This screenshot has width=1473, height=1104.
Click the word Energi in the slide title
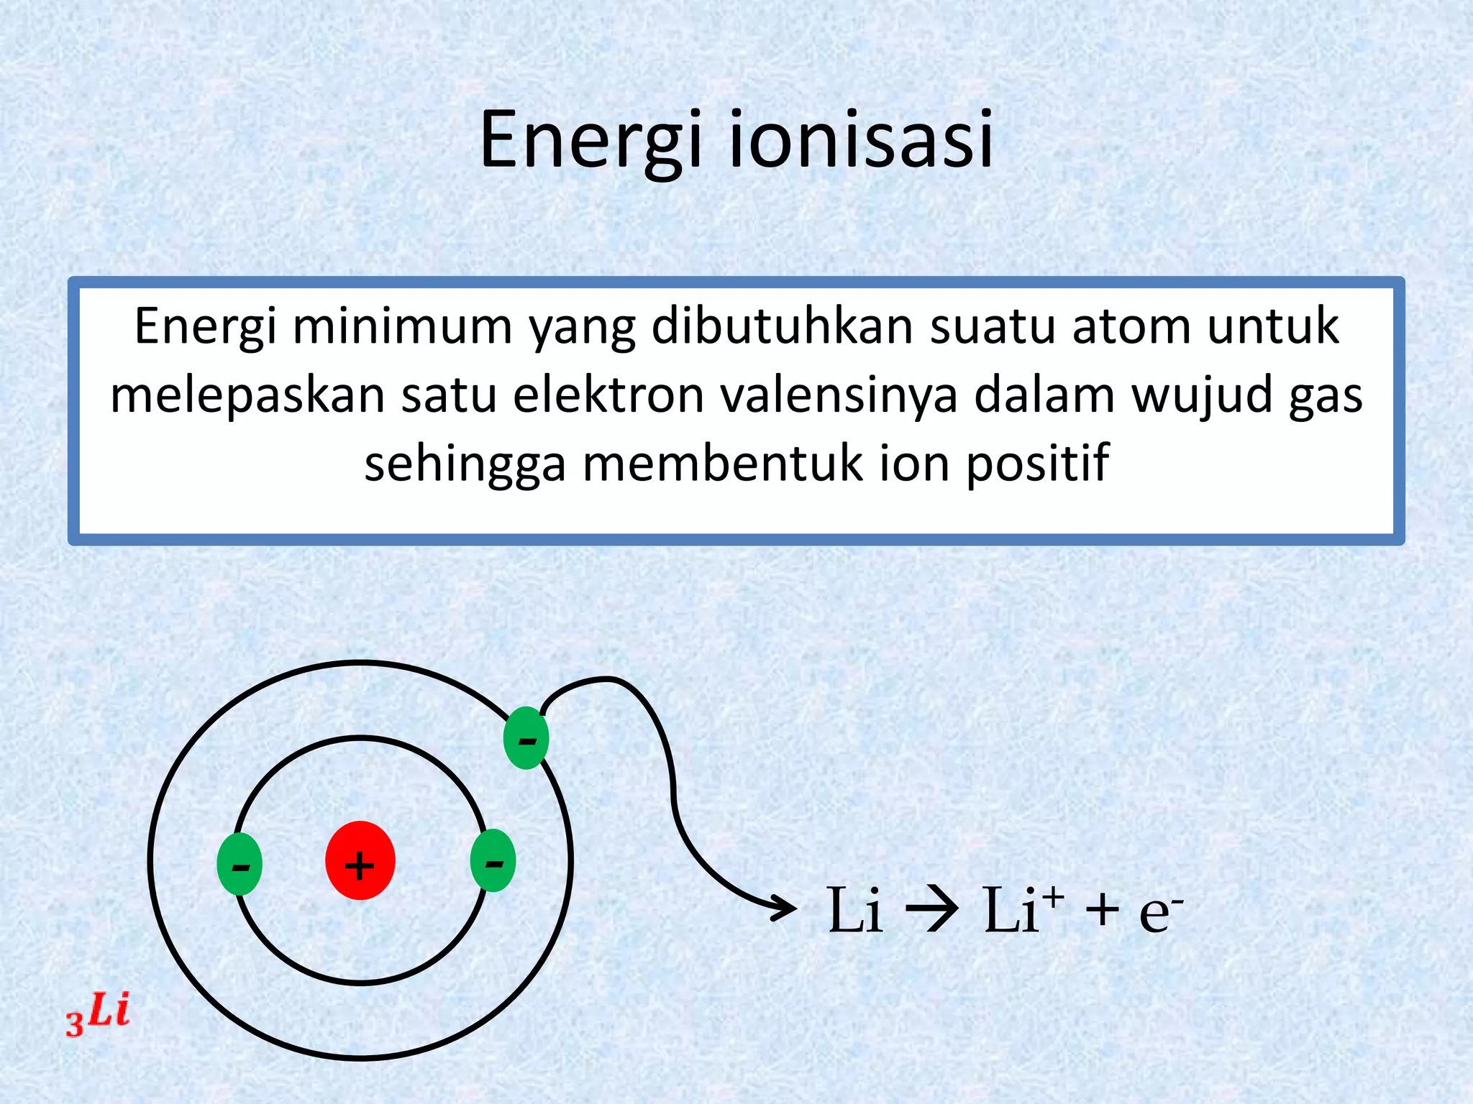(x=590, y=140)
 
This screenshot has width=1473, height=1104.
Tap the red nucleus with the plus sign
(x=360, y=860)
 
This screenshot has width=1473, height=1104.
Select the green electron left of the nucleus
(x=240, y=864)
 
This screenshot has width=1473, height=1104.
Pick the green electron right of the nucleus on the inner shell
(x=493, y=860)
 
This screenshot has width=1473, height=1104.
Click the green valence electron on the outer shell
(x=526, y=738)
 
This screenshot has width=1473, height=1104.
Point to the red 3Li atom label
(x=98, y=1014)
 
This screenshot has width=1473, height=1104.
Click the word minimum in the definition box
(x=403, y=326)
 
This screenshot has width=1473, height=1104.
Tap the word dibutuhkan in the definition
(x=782, y=326)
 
